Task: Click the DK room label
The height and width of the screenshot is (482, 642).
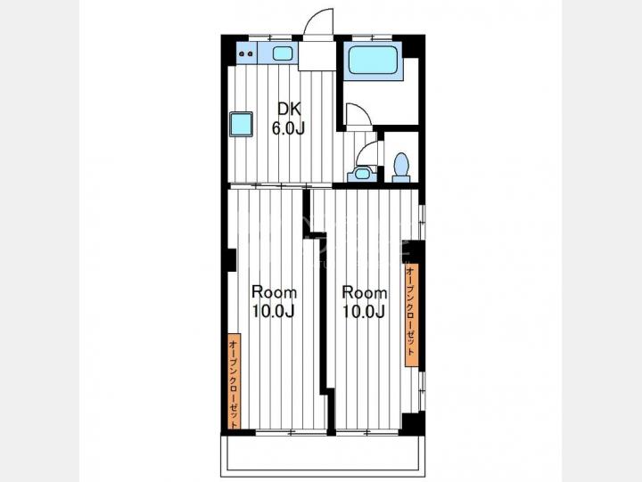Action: [x=290, y=110]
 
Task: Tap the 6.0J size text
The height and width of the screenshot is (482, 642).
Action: [x=289, y=128]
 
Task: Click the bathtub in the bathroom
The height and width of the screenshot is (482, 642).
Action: [x=373, y=60]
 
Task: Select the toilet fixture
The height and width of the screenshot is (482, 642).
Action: [x=401, y=167]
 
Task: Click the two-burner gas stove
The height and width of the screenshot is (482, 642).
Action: [x=246, y=53]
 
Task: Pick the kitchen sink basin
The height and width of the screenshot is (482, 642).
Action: [x=283, y=53]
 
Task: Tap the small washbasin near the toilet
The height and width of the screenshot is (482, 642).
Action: [x=362, y=174]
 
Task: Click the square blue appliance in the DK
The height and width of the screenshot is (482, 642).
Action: [x=241, y=124]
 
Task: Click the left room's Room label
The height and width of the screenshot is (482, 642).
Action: [x=274, y=292]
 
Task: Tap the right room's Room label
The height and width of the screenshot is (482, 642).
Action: [x=365, y=292]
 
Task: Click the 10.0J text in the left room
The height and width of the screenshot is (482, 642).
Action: [x=273, y=312]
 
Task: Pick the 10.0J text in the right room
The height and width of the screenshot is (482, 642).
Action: [x=364, y=312]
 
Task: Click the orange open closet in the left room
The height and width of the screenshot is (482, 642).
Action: [x=235, y=381]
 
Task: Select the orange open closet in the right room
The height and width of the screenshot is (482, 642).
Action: [x=411, y=315]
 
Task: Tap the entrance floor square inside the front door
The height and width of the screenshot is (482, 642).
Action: [x=317, y=55]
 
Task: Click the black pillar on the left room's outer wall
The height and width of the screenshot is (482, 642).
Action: [x=232, y=260]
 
